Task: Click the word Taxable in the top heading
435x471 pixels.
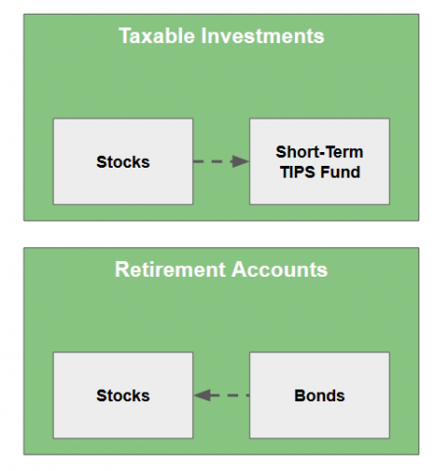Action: tap(157, 35)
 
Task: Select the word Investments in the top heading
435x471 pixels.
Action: tap(263, 35)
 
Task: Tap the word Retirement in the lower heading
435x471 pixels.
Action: tap(170, 269)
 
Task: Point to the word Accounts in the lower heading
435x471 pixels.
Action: tap(279, 269)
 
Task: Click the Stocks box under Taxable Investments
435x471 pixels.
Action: tap(123, 162)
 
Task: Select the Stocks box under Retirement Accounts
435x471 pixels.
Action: tap(123, 395)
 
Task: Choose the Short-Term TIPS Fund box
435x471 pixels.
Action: tap(319, 162)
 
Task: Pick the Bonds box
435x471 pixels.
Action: tap(319, 395)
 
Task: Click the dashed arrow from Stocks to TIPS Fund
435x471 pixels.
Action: tap(221, 161)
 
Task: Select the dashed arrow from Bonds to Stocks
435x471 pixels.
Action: tap(221, 395)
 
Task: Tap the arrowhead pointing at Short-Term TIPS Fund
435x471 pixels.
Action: tap(240, 161)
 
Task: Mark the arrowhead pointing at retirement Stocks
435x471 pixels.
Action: tap(202, 395)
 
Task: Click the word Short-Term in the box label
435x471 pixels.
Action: tap(319, 152)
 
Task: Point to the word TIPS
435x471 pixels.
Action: tap(297, 172)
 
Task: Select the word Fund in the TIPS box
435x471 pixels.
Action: tap(340, 172)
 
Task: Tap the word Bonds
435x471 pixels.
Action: tap(319, 395)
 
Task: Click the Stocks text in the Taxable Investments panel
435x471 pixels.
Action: tap(123, 162)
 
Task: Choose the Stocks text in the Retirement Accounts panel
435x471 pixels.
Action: tap(123, 395)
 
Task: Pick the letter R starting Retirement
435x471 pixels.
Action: tap(121, 269)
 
